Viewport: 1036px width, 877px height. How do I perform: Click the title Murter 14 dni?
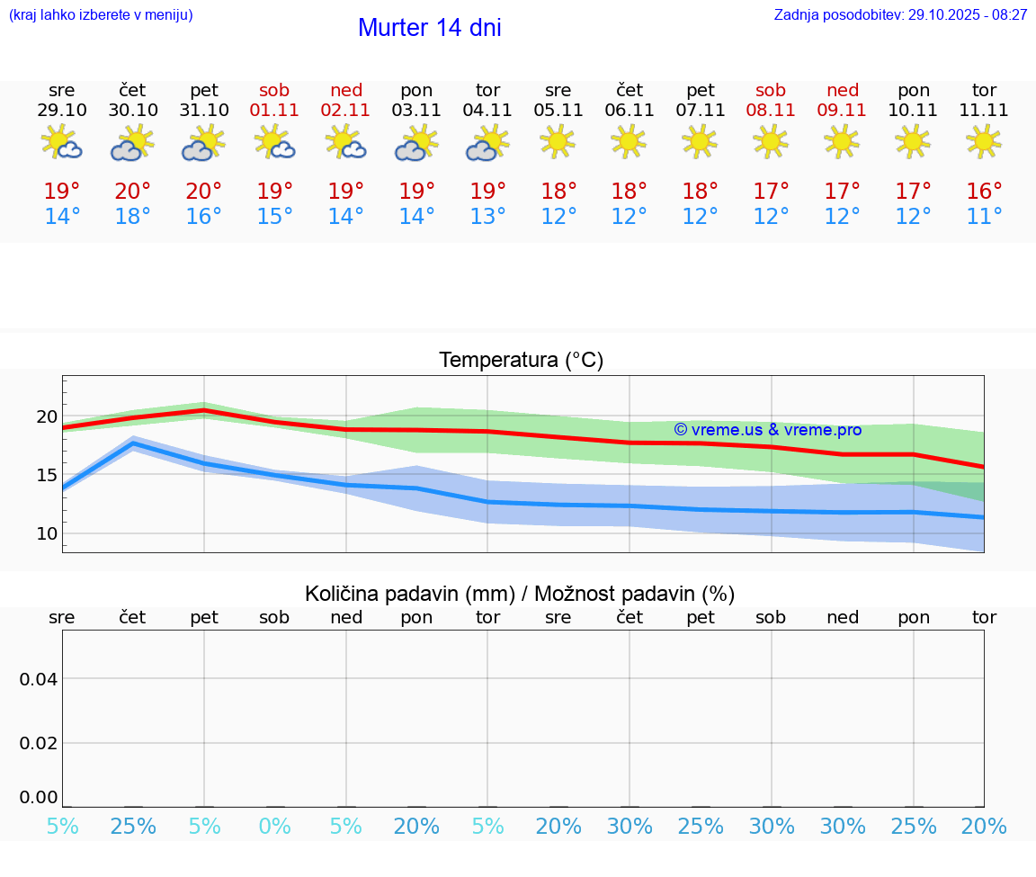pyautogui.click(x=429, y=28)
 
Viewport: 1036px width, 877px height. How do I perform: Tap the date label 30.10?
pyautogui.click(x=133, y=110)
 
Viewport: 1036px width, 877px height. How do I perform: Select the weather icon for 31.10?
pyautogui.click(x=204, y=144)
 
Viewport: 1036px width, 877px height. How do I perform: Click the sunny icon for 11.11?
pyautogui.click(x=984, y=141)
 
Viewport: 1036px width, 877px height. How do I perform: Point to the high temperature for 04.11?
pyautogui.click(x=487, y=191)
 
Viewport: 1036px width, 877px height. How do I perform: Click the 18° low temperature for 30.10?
pyautogui.click(x=133, y=217)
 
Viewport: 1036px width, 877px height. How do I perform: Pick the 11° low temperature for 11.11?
pyautogui.click(x=984, y=217)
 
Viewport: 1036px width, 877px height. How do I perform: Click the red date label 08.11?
pyautogui.click(x=771, y=110)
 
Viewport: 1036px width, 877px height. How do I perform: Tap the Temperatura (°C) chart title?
pyautogui.click(x=522, y=361)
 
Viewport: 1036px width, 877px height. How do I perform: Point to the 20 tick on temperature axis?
pyautogui.click(x=47, y=416)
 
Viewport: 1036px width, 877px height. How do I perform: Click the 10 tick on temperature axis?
pyautogui.click(x=47, y=533)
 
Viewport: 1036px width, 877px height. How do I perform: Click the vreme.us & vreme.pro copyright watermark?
pyautogui.click(x=767, y=430)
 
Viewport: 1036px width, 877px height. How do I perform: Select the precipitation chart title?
pyautogui.click(x=520, y=594)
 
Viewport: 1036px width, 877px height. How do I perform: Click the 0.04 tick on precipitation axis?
pyautogui.click(x=39, y=678)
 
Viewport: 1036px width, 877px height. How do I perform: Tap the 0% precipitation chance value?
pyautogui.click(x=275, y=826)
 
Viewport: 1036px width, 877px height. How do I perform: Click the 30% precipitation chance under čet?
pyautogui.click(x=630, y=826)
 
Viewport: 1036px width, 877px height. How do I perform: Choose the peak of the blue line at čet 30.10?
pyautogui.click(x=133, y=443)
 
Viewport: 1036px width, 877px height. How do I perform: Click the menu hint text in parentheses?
pyautogui.click(x=101, y=14)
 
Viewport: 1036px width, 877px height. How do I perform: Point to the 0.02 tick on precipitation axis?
pyautogui.click(x=39, y=742)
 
